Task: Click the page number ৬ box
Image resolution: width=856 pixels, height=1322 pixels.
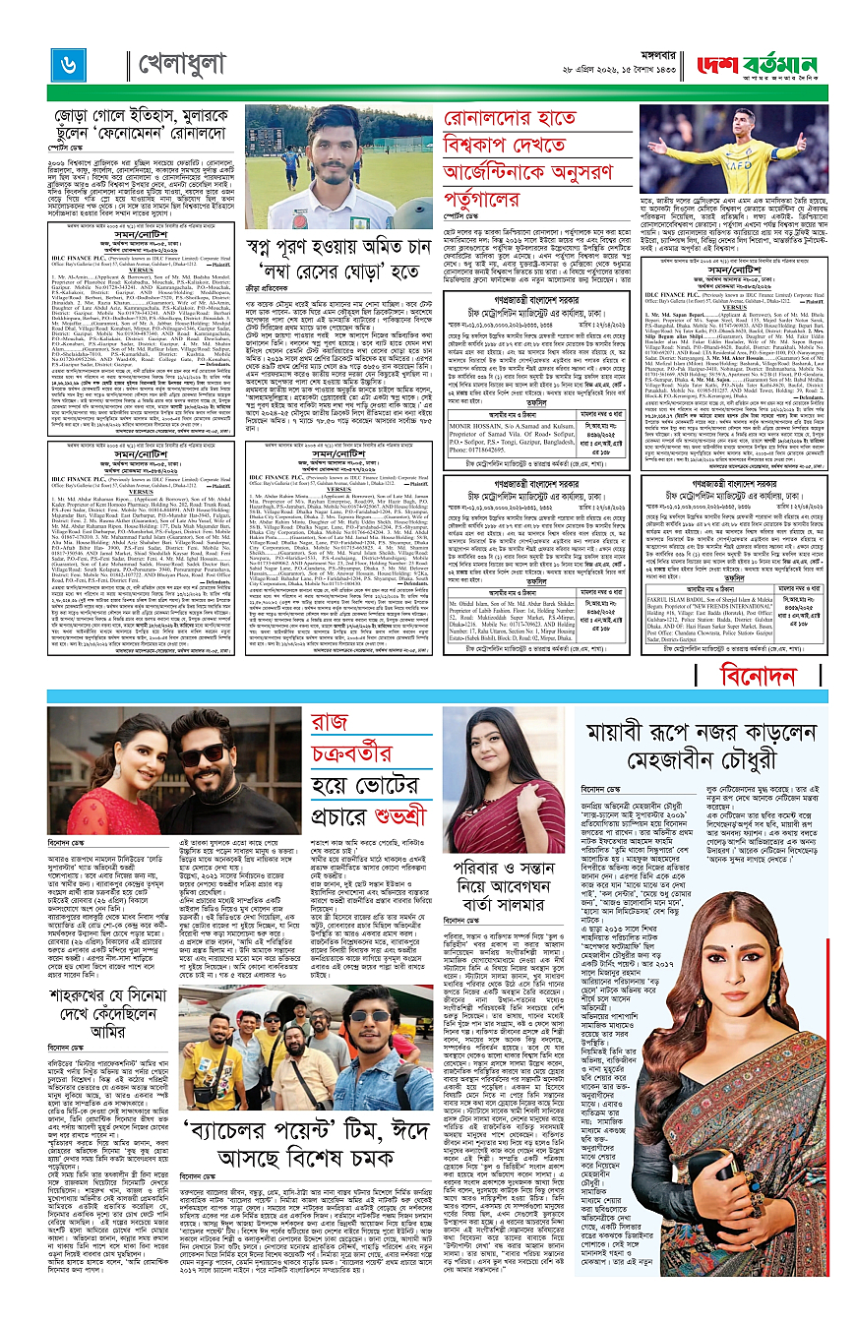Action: (x=68, y=64)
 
